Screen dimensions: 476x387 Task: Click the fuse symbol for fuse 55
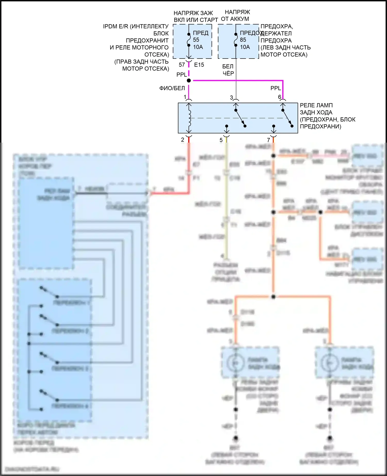[189, 40]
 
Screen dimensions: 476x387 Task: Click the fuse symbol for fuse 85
[236, 40]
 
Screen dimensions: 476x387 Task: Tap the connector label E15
[199, 65]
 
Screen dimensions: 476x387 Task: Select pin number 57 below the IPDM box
[182, 65]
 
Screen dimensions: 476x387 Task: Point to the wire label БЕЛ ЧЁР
[228, 70]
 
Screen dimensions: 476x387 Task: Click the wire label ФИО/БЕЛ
[172, 88]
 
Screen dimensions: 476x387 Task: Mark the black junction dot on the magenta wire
[189, 80]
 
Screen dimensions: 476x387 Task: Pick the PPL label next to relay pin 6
[276, 88]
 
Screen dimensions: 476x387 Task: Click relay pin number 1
[185, 97]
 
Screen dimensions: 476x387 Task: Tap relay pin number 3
[231, 97]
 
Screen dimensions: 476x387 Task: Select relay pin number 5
[221, 140]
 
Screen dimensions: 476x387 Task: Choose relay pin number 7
[269, 140]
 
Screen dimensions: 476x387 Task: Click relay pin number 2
[183, 140]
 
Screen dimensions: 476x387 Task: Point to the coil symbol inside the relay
[189, 118]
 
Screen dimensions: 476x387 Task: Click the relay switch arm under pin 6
[287, 118]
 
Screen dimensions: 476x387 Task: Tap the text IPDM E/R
[115, 26]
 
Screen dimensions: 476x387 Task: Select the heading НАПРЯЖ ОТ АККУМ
[235, 15]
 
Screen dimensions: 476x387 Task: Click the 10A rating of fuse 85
[245, 47]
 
